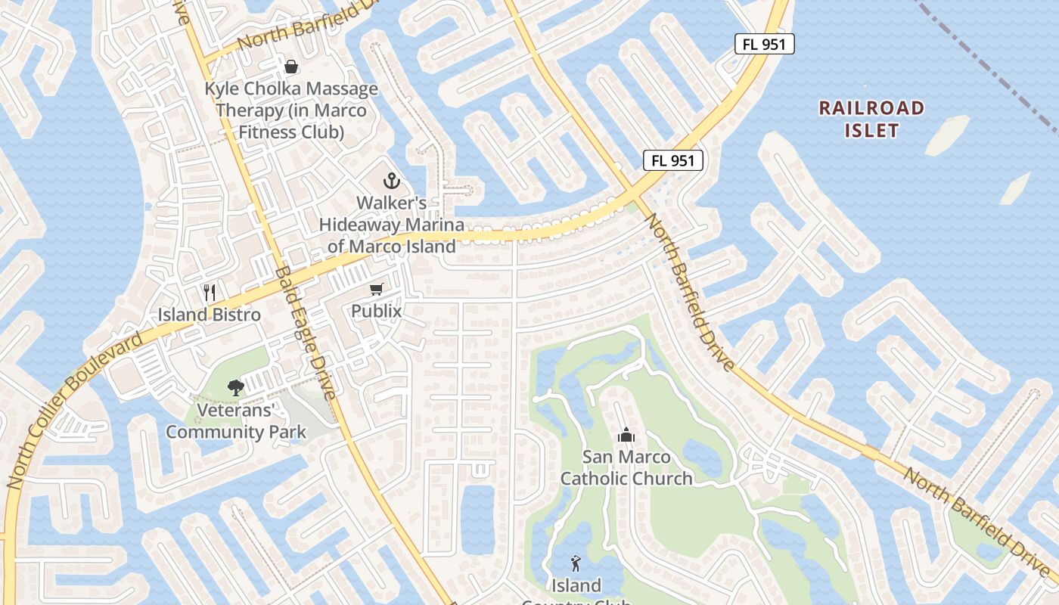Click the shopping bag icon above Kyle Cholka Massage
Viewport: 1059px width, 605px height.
point(291,67)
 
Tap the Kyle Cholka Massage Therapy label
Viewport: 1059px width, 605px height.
point(291,110)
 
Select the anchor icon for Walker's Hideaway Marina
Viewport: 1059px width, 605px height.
point(391,181)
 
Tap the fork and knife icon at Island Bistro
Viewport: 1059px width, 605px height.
point(210,293)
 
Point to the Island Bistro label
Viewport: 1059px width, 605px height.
point(210,315)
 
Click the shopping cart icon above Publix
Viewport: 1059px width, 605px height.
point(376,289)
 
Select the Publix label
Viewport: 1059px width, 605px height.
point(376,311)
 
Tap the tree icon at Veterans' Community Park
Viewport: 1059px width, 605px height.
point(236,388)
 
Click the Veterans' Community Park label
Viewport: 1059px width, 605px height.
point(236,421)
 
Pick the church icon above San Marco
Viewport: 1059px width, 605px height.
point(626,435)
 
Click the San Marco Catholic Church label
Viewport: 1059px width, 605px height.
point(626,467)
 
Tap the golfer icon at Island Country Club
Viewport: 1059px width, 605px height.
point(576,563)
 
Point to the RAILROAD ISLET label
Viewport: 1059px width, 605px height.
point(871,119)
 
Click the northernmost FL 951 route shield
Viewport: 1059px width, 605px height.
point(764,45)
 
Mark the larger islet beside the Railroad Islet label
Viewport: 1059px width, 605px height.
point(947,135)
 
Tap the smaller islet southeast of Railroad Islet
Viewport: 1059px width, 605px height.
point(1014,188)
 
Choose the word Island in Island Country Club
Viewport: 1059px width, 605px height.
point(576,585)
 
